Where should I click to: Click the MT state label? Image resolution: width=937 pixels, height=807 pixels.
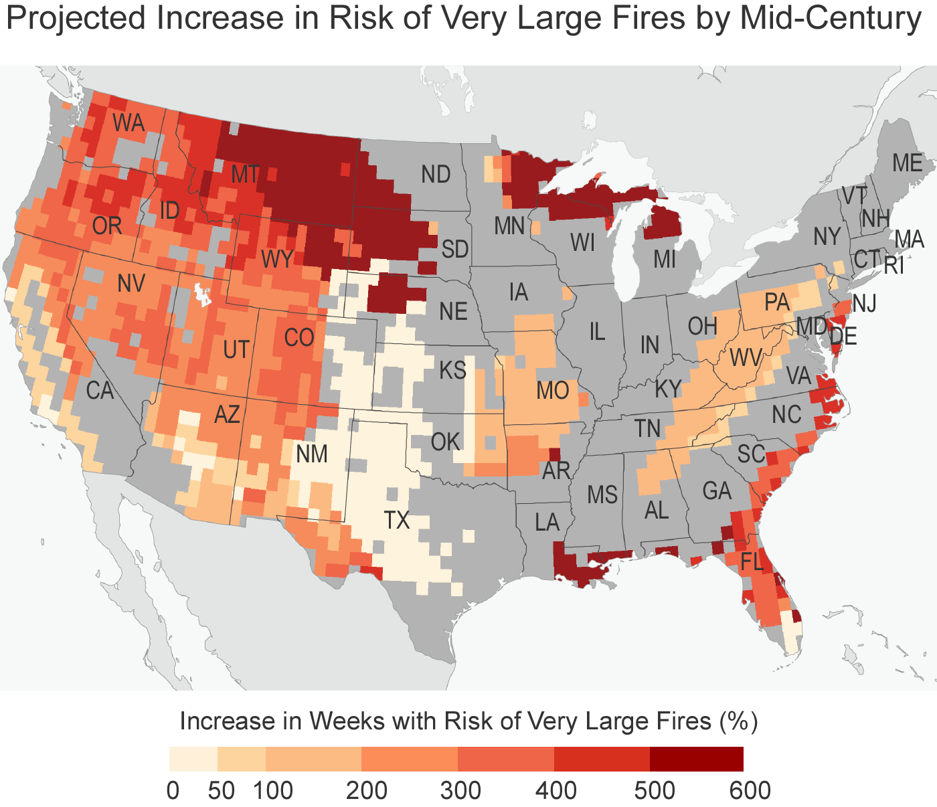pyautogui.click(x=245, y=175)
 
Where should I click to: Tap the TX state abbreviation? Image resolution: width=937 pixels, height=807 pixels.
pyautogui.click(x=397, y=520)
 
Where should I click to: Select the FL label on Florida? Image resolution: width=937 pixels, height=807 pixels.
pyautogui.click(x=752, y=562)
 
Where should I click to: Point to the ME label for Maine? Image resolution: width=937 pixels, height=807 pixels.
pyautogui.click(x=908, y=163)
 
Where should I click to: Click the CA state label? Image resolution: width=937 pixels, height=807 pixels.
pyautogui.click(x=100, y=390)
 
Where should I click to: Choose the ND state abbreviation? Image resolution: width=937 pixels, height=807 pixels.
pyautogui.click(x=436, y=175)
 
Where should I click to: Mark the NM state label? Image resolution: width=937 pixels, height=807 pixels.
pyautogui.click(x=311, y=454)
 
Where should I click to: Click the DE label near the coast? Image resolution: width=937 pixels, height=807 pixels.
pyautogui.click(x=843, y=336)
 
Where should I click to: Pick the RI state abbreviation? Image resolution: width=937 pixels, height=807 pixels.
pyautogui.click(x=894, y=266)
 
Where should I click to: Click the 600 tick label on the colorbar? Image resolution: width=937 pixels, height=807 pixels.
pyautogui.click(x=750, y=790)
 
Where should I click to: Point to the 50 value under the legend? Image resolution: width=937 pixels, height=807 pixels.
pyautogui.click(x=222, y=790)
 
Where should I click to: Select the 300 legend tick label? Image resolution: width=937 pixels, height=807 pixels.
pyautogui.click(x=460, y=790)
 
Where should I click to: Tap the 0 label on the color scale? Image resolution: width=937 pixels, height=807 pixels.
pyautogui.click(x=173, y=790)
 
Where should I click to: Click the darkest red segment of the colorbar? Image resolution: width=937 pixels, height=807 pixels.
pyautogui.click(x=696, y=759)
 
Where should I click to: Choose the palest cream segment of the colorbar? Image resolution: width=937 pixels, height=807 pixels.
pyautogui.click(x=193, y=759)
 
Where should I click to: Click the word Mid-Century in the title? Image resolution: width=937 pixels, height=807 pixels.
pyautogui.click(x=831, y=19)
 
